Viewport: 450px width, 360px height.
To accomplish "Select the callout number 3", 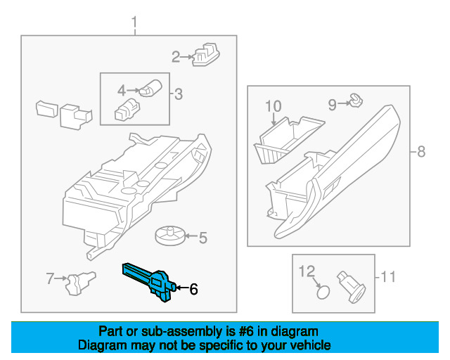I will tap(178, 94).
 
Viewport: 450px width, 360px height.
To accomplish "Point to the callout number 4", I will tap(121, 90).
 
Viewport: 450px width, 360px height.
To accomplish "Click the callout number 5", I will tap(202, 238).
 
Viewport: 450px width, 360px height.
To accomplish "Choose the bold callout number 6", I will tap(193, 288).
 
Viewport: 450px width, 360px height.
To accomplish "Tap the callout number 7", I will tap(50, 279).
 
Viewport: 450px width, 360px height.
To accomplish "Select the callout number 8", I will tap(421, 151).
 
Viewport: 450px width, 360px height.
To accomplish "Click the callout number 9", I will tap(332, 105).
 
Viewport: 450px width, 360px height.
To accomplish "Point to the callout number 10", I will tap(273, 106).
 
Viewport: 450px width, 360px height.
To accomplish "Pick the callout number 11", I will tap(388, 276).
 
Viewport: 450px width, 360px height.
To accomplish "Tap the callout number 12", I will tap(308, 271).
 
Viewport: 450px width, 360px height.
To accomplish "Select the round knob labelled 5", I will tap(169, 234).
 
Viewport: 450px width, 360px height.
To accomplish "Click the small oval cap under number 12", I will tap(322, 290).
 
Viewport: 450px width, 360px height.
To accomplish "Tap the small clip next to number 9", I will tap(356, 103).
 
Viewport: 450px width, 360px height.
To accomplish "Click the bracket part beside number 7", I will tap(79, 283).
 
